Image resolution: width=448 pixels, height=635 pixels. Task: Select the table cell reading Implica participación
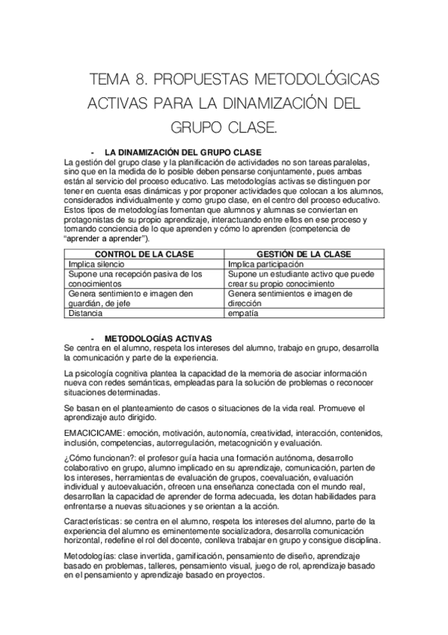[x=266, y=264]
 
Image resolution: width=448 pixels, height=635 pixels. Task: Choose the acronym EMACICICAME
[x=94, y=433]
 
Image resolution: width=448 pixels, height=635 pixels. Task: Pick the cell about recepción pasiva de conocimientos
[x=135, y=279]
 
